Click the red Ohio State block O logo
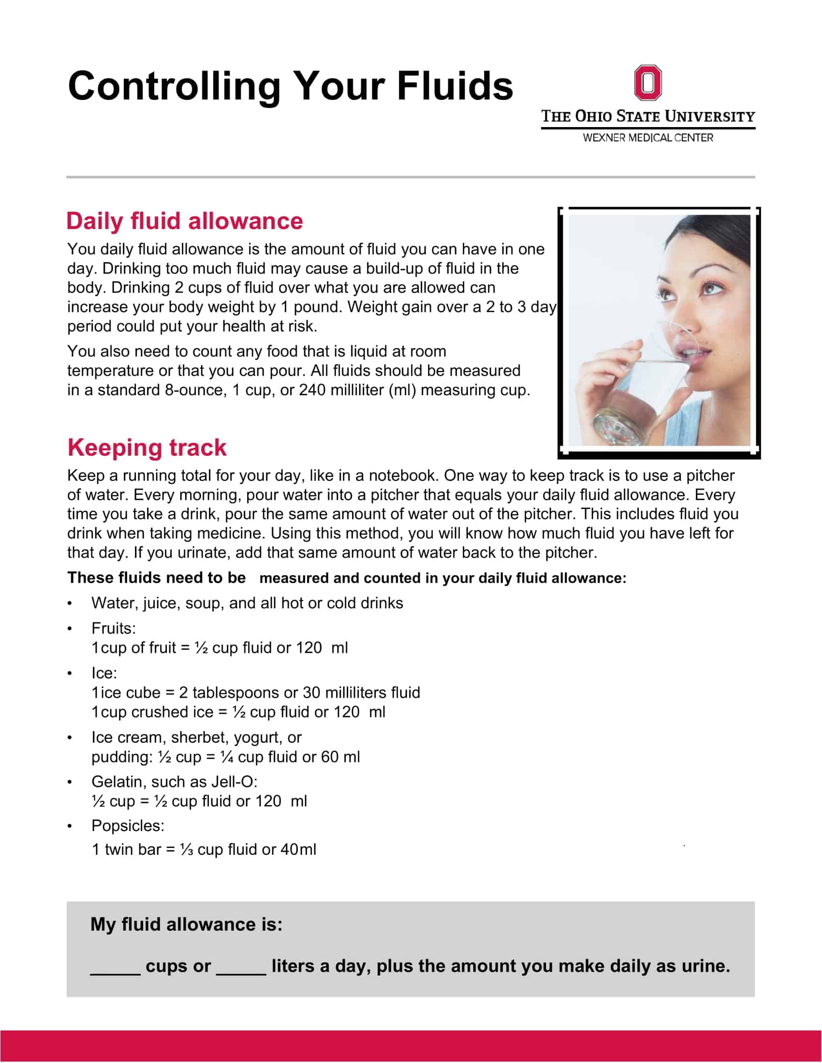coord(647,83)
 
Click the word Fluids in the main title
coord(455,86)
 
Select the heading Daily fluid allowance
coord(185,221)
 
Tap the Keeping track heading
coord(147,447)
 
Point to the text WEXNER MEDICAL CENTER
coord(647,138)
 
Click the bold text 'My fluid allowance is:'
coord(187,924)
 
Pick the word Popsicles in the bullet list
coord(128,825)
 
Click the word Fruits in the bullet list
coord(113,628)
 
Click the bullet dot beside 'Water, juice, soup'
coord(70,604)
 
